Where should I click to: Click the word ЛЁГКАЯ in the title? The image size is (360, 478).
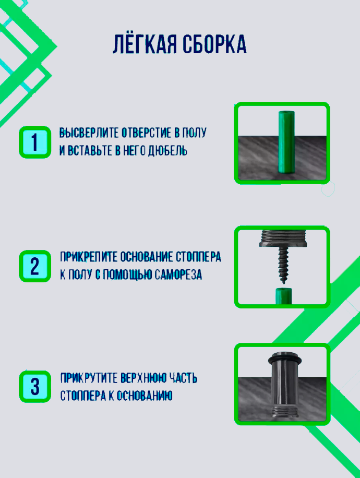[145, 45]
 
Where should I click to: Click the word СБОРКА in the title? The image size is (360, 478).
[214, 45]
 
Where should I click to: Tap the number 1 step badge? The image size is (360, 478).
[35, 142]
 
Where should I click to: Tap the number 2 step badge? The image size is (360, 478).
[35, 266]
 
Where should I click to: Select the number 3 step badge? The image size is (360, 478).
[35, 387]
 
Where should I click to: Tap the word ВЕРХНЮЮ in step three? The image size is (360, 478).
[142, 378]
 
